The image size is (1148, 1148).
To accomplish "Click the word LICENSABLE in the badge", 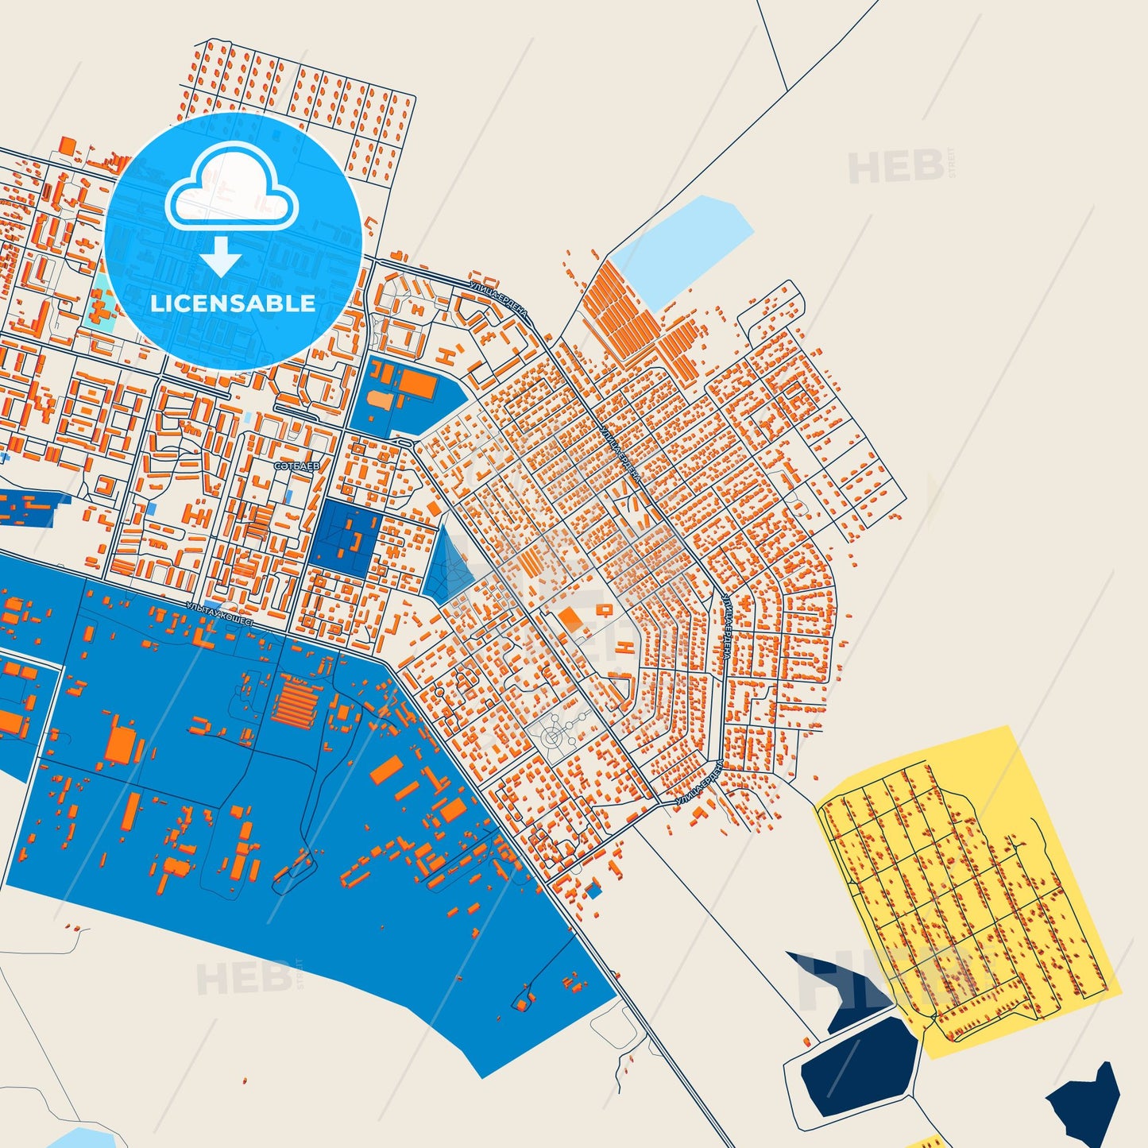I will click(x=233, y=303).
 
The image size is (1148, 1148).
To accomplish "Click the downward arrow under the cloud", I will click(x=221, y=255).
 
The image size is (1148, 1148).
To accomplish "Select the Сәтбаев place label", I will click(x=296, y=467).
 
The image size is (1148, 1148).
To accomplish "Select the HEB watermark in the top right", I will click(x=898, y=166).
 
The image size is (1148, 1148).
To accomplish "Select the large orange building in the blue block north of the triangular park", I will click(x=418, y=385).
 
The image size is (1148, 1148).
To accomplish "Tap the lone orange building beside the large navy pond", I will click(x=807, y=1040).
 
